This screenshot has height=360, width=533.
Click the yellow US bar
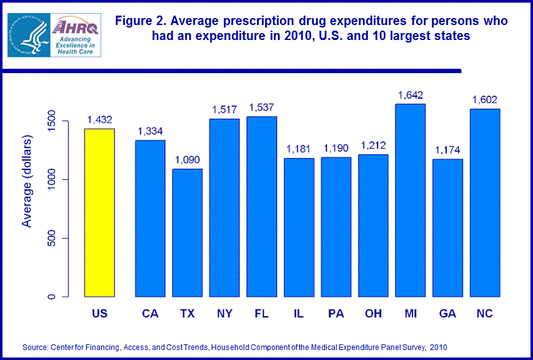pyautogui.click(x=100, y=212)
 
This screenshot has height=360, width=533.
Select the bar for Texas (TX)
pyautogui.click(x=187, y=232)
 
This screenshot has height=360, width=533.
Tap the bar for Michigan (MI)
pyautogui.click(x=411, y=200)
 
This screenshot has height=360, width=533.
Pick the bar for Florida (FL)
pyautogui.click(x=262, y=206)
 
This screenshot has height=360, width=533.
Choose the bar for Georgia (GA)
pyautogui.click(x=447, y=227)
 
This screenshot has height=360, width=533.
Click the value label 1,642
pyautogui.click(x=411, y=96)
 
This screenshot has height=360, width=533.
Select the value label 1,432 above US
pyautogui.click(x=100, y=120)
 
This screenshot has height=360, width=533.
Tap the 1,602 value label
pyautogui.click(x=485, y=100)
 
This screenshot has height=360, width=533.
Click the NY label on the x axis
pyautogui.click(x=224, y=313)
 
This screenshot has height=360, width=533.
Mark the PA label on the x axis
pyautogui.click(x=336, y=313)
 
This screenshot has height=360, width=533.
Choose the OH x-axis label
pyautogui.click(x=373, y=313)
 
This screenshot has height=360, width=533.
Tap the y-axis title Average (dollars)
pyautogui.click(x=27, y=180)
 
